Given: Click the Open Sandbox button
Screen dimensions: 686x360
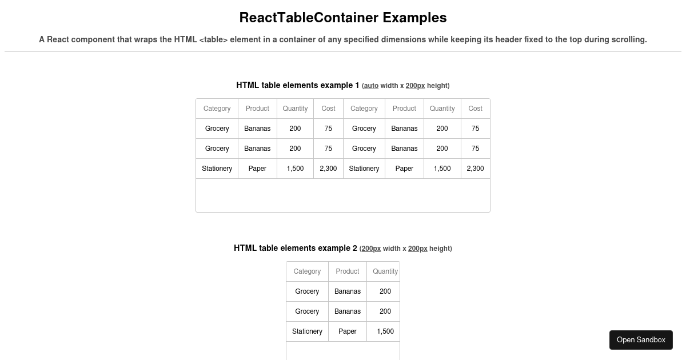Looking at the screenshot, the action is point(641,340).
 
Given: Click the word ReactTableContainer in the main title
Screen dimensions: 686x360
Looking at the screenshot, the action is point(309,18).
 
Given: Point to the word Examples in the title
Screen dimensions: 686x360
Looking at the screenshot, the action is point(414,18).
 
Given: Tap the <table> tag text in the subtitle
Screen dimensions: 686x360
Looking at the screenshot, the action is point(213,39).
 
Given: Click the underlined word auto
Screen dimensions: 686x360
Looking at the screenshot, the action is point(371,86).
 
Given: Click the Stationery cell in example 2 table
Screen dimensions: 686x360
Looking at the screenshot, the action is point(307,331).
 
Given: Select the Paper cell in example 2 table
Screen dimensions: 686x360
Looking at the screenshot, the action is point(348,331).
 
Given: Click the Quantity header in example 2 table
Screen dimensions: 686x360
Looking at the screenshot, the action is point(385,271).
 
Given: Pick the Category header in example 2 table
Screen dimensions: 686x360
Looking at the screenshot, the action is point(307,271).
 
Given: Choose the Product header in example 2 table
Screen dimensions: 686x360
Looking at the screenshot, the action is point(348,271).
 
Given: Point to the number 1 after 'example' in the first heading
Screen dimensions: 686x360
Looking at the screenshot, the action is point(357,85).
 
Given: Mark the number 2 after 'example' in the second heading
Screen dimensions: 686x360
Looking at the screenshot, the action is point(354,248).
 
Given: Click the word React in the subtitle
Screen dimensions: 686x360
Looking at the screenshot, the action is point(58,39).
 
